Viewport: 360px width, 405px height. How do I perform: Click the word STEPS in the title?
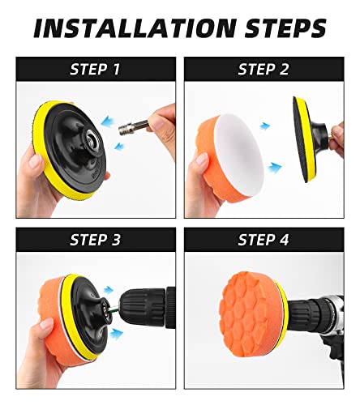pos(285,28)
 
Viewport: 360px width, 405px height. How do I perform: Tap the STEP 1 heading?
pos(95,69)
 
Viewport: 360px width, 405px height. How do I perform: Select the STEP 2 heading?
pos(264,69)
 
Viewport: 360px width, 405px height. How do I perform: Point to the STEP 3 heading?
pos(95,240)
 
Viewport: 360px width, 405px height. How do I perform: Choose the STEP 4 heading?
pos(264,240)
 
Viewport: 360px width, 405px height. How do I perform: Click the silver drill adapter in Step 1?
pos(134,126)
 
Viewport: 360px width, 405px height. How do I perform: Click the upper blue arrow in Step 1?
pos(108,121)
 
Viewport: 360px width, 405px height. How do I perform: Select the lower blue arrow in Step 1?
pos(119,146)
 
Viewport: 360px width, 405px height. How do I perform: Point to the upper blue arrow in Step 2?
pos(264,126)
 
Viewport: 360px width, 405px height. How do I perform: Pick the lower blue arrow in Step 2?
pos(275,168)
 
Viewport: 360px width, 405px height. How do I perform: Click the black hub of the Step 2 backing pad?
pos(317,135)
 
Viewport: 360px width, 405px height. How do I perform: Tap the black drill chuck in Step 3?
pos(144,306)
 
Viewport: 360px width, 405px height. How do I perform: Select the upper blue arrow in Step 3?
pos(109,289)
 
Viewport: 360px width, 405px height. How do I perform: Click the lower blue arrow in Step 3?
pos(117,334)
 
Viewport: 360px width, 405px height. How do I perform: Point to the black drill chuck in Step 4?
pos(308,310)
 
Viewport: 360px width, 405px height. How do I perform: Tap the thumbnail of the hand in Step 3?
pos(46,324)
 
